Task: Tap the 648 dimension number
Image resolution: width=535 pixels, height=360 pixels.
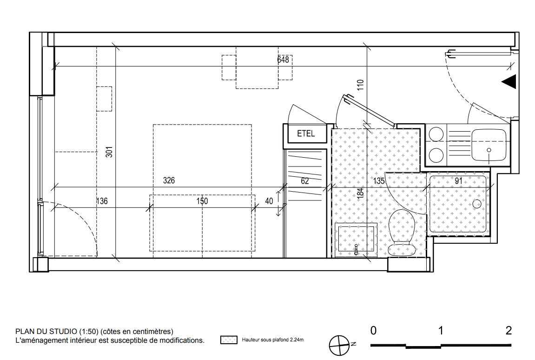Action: tap(283, 60)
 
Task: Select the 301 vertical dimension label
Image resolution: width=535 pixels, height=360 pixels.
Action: tap(109, 152)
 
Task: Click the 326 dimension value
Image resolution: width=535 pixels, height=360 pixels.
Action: tap(169, 180)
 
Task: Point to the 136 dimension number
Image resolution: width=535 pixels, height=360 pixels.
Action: tap(102, 201)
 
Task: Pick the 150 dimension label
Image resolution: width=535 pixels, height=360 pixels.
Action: tap(202, 201)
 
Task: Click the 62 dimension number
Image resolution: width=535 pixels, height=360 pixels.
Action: tap(305, 181)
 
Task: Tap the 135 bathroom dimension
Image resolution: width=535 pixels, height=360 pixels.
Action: tap(379, 181)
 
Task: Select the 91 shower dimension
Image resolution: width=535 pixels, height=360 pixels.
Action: tap(459, 181)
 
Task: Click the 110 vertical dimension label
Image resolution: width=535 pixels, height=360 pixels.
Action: tap(360, 85)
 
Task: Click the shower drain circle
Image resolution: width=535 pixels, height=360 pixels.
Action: tap(476, 204)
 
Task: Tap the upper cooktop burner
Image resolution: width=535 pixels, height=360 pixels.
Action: tap(436, 134)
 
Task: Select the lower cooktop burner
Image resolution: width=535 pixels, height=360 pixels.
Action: tap(436, 156)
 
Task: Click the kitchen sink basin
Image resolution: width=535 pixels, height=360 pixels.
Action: tap(489, 145)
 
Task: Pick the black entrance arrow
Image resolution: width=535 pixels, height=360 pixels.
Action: tap(509, 82)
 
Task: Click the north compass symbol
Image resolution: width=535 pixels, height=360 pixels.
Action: tap(339, 345)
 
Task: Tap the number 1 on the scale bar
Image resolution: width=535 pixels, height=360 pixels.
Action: tap(441, 331)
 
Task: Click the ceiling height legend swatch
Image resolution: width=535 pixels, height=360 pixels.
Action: tap(229, 340)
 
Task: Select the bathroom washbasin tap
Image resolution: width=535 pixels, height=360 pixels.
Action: tap(356, 250)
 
